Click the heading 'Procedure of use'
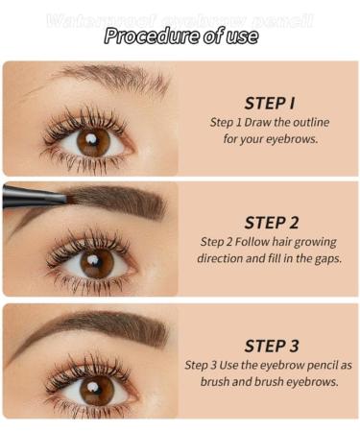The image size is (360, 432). click(x=180, y=36)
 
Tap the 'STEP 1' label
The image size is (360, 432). click(x=269, y=103)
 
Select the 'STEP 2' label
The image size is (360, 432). click(x=271, y=222)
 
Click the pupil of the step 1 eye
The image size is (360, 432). click(x=94, y=141)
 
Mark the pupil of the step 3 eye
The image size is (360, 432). click(x=97, y=387)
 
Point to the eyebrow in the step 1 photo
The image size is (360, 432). click(x=106, y=79)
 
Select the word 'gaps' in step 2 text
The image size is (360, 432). click(x=327, y=258)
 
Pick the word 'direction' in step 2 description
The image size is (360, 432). click(x=222, y=258)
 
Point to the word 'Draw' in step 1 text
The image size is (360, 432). click(x=265, y=122)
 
